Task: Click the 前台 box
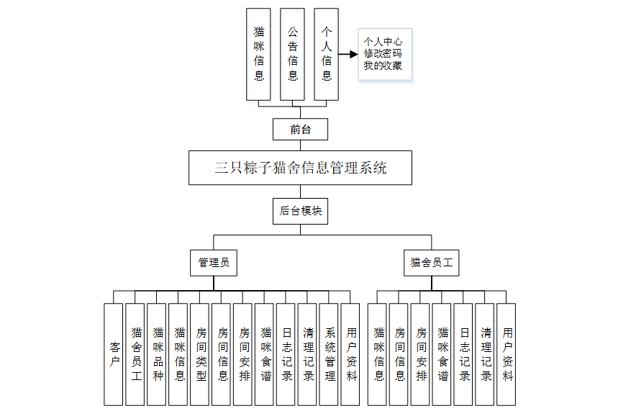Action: click(x=301, y=130)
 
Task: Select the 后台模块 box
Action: click(x=301, y=211)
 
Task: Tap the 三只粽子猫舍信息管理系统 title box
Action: click(x=300, y=168)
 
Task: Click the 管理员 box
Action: click(x=214, y=263)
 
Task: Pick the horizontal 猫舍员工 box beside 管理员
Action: click(x=432, y=263)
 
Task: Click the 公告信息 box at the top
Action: click(x=292, y=54)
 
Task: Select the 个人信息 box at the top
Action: click(x=326, y=54)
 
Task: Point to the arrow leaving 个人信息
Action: click(x=348, y=54)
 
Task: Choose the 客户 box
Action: click(x=114, y=353)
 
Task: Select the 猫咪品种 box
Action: click(x=157, y=353)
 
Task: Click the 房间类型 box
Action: click(x=200, y=353)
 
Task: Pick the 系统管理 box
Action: click(x=329, y=353)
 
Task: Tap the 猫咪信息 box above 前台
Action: click(x=258, y=54)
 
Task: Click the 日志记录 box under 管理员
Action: click(x=286, y=353)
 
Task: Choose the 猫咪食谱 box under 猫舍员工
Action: click(x=442, y=353)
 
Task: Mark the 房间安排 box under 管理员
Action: click(x=243, y=353)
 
